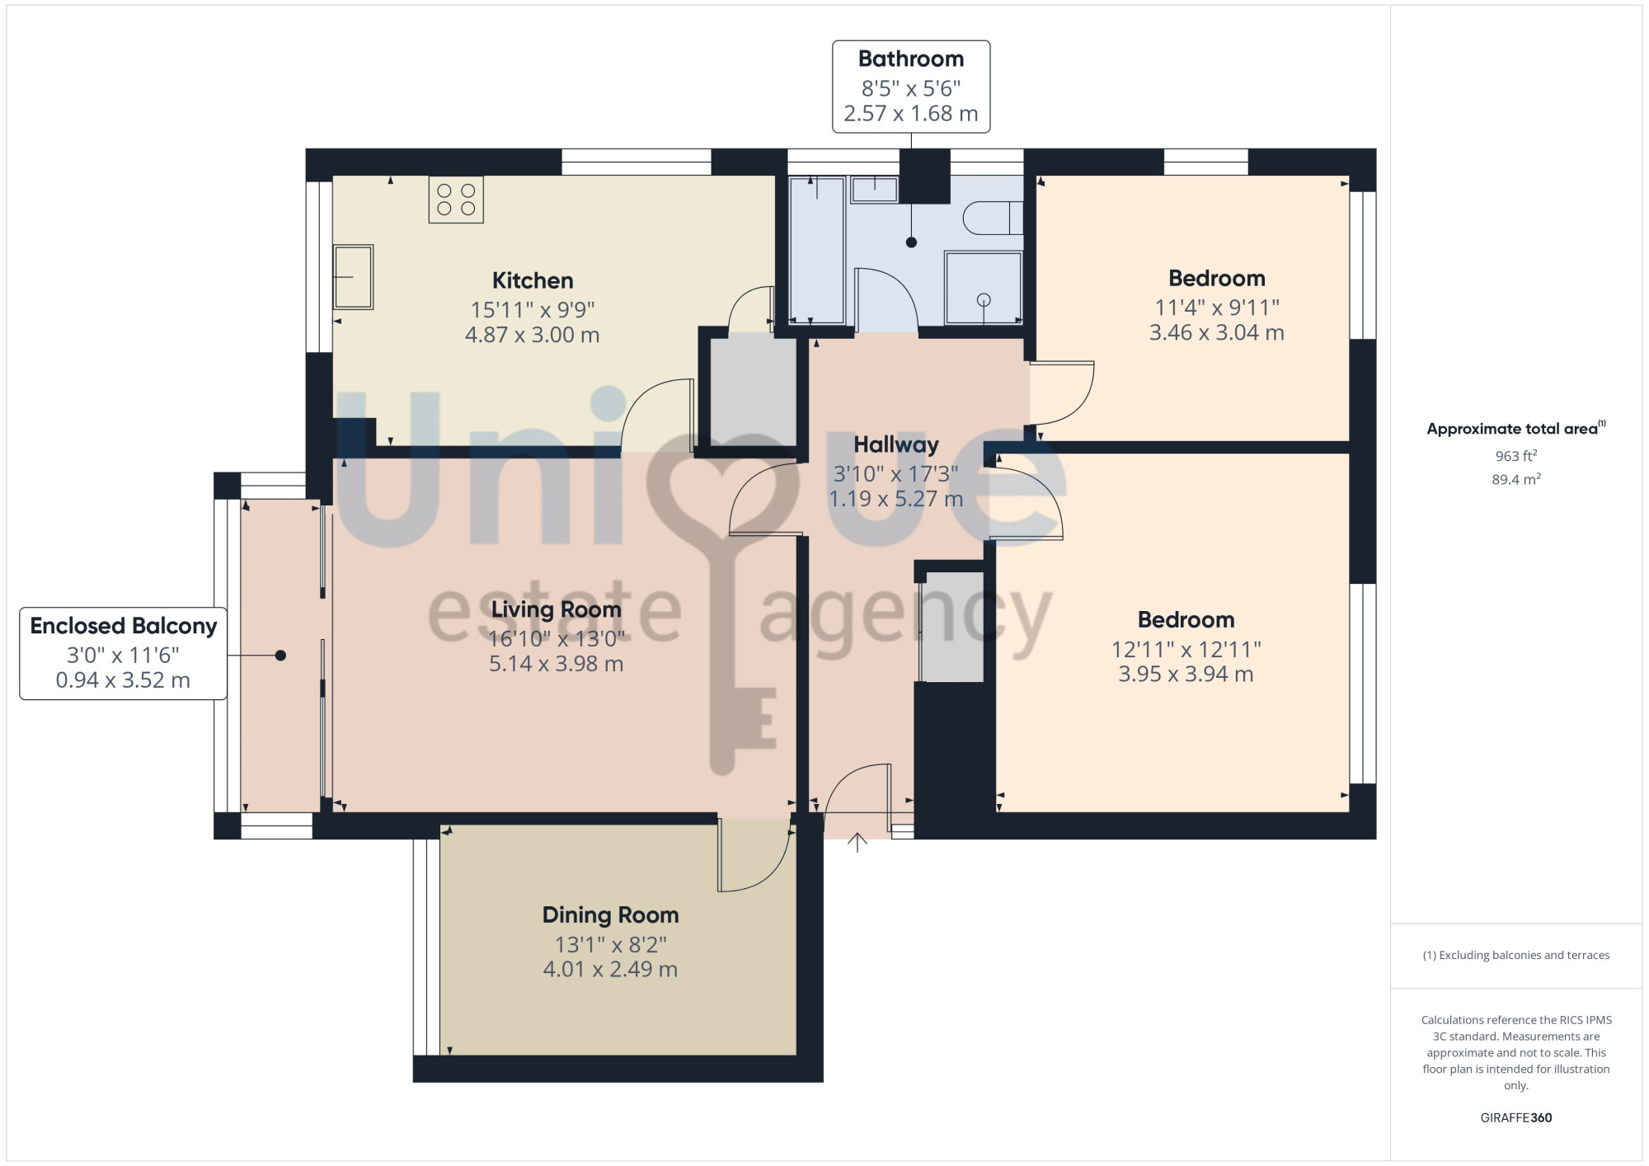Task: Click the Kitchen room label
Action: click(x=533, y=280)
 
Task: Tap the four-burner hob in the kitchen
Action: click(x=456, y=200)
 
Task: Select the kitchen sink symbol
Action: click(x=353, y=276)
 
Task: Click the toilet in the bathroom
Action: click(x=993, y=218)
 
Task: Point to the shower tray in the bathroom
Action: click(x=984, y=288)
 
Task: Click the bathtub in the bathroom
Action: click(x=817, y=250)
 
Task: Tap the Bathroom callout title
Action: click(x=911, y=59)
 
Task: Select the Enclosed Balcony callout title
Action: click(x=124, y=626)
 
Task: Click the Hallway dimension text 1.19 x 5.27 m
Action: click(x=896, y=499)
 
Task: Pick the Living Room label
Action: click(x=557, y=609)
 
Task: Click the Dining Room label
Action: click(x=611, y=914)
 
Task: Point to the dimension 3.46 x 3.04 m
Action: click(x=1217, y=332)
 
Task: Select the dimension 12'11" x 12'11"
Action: click(x=1186, y=649)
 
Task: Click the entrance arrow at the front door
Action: click(x=857, y=842)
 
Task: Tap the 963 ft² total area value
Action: click(x=1516, y=455)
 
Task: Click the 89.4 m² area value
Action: click(x=1516, y=479)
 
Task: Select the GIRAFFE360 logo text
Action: click(x=1516, y=1118)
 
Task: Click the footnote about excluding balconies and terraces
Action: click(x=1516, y=955)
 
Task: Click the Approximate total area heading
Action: click(x=1515, y=428)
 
